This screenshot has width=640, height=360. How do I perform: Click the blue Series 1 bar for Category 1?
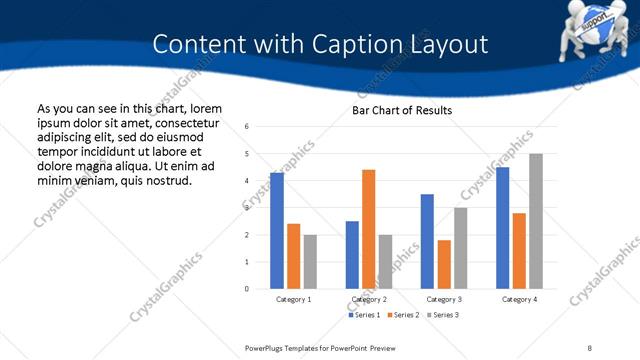click(x=277, y=231)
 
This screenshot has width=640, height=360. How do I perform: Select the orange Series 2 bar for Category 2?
click(x=368, y=229)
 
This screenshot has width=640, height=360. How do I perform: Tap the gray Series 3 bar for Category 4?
click(x=535, y=221)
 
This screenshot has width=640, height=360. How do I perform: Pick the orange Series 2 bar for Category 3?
click(x=444, y=264)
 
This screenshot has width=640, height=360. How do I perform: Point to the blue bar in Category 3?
click(x=427, y=241)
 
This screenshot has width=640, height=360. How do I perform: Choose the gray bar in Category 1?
click(x=310, y=262)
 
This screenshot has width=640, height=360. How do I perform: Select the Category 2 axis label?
click(x=370, y=300)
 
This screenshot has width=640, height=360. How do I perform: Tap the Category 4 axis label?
click(x=519, y=300)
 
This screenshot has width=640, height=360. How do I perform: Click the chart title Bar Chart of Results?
click(x=402, y=110)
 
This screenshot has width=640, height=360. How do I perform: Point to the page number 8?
click(x=590, y=346)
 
